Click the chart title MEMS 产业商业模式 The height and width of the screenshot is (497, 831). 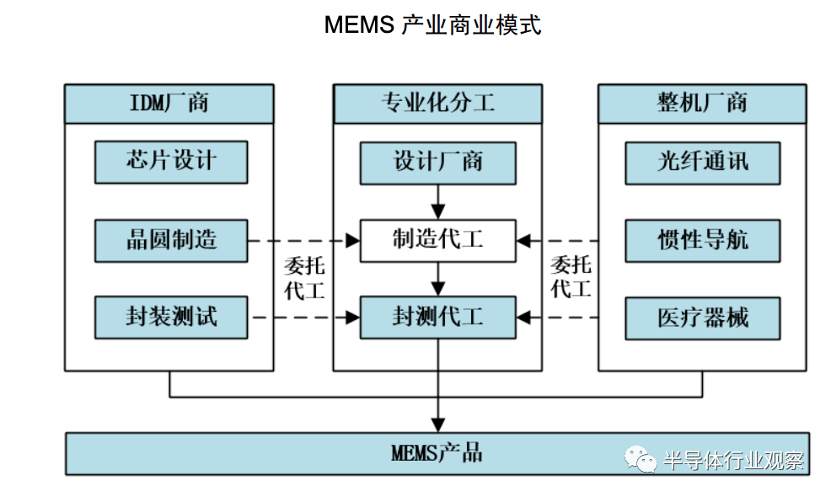pyautogui.click(x=432, y=24)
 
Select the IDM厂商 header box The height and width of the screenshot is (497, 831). pyautogui.click(x=169, y=104)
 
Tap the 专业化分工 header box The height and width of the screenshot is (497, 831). pyautogui.click(x=437, y=104)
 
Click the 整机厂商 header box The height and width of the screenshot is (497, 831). pyautogui.click(x=701, y=104)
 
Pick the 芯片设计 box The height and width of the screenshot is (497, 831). pyautogui.click(x=171, y=162)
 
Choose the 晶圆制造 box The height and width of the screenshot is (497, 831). pyautogui.click(x=171, y=240)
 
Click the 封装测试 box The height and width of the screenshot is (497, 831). pyautogui.click(x=171, y=318)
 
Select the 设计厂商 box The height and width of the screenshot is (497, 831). pyautogui.click(x=437, y=162)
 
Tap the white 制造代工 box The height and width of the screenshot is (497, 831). pyautogui.click(x=437, y=240)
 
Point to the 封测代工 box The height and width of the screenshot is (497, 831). pyautogui.click(x=437, y=318)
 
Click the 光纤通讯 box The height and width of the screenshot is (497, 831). pyautogui.click(x=702, y=162)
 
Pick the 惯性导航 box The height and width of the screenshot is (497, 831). pyautogui.click(x=702, y=240)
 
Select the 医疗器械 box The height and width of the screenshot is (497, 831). pyautogui.click(x=702, y=318)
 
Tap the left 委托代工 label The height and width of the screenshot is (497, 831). pyautogui.click(x=304, y=278)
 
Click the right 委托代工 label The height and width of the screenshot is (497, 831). pyautogui.click(x=571, y=278)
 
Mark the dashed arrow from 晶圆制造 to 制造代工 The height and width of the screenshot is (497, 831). pyautogui.click(x=303, y=241)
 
